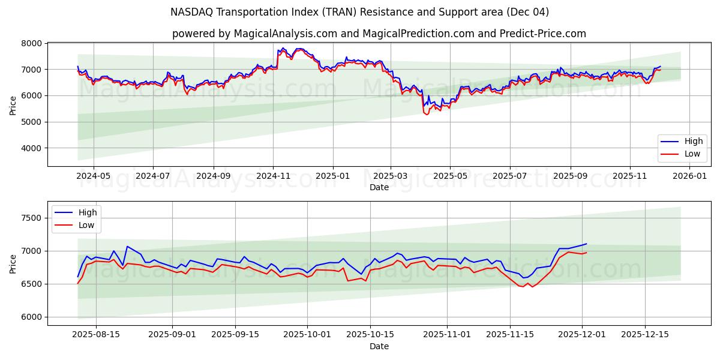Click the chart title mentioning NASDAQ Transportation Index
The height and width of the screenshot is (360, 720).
[359, 12]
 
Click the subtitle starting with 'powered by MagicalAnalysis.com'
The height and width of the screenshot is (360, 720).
[379, 34]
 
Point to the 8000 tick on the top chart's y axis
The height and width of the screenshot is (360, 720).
[32, 43]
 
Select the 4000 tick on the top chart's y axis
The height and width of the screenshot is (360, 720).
[32, 148]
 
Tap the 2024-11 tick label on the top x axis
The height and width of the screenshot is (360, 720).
[273, 176]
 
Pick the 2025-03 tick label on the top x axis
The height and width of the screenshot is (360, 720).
[391, 176]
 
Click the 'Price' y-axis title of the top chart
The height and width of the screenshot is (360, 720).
[13, 105]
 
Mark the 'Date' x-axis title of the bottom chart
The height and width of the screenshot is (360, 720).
[379, 346]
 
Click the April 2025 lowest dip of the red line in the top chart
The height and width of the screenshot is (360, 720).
[427, 114]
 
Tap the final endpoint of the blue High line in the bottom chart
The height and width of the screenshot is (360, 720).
[586, 244]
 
